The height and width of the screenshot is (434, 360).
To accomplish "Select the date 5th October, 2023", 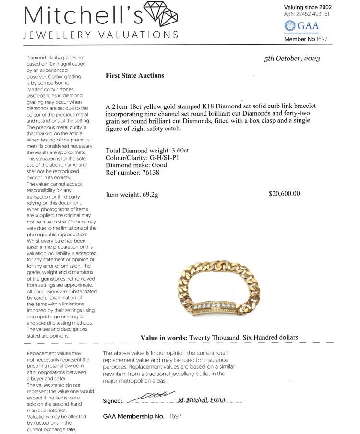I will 292,59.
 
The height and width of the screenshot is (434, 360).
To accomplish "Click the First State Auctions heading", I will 134,75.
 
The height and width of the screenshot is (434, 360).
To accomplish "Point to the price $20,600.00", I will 284,194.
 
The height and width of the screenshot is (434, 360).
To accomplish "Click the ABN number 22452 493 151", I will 312,14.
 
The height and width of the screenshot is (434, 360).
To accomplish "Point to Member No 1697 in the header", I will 306,39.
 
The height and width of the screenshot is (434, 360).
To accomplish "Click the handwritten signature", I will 151,396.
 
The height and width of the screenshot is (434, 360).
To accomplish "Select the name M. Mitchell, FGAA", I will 202,399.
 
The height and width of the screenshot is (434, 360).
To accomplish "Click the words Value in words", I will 164,338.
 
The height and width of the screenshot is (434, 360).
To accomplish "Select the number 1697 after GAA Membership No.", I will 176,416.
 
